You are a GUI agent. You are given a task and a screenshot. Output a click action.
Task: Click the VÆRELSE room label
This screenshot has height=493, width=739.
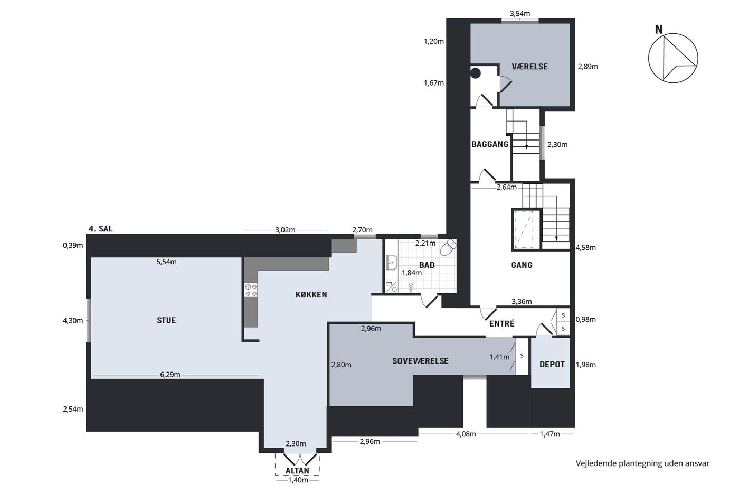[529, 67]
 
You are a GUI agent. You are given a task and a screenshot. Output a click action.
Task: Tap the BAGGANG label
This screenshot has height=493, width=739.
[490, 144]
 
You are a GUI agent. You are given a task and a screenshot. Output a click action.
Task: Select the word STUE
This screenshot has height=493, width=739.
[166, 320]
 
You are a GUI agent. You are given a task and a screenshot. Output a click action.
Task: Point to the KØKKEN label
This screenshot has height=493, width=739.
[311, 294]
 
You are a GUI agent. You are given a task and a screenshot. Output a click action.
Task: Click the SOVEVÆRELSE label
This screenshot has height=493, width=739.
[420, 361]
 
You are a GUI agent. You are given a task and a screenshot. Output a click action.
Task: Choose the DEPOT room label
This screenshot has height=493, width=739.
[552, 364]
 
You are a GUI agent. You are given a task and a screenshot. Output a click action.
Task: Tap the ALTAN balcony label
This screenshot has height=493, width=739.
[297, 471]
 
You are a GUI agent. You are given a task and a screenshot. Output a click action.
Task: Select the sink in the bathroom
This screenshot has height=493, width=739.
[392, 263]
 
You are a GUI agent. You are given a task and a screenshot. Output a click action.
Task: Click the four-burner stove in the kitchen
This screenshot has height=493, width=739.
[251, 290]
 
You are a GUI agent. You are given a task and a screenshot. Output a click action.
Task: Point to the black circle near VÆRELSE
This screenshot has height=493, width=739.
[476, 73]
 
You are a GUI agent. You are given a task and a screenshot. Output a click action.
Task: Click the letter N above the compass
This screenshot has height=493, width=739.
[659, 30]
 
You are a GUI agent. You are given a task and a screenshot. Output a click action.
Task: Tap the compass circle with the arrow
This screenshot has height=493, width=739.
[673, 58]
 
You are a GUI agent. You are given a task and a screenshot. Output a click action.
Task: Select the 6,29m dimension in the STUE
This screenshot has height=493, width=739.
[170, 375]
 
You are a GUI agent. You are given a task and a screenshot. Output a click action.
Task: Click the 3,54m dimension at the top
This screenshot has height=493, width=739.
[520, 14]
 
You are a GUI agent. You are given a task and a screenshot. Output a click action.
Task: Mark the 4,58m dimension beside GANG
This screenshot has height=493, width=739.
[585, 248]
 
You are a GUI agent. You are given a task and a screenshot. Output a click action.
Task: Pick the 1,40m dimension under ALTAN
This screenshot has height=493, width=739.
[298, 480]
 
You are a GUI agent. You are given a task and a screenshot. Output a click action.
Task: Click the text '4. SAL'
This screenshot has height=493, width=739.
[101, 229]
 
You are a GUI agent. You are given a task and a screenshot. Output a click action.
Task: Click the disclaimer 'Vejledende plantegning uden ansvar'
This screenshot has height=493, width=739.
[642, 463]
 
